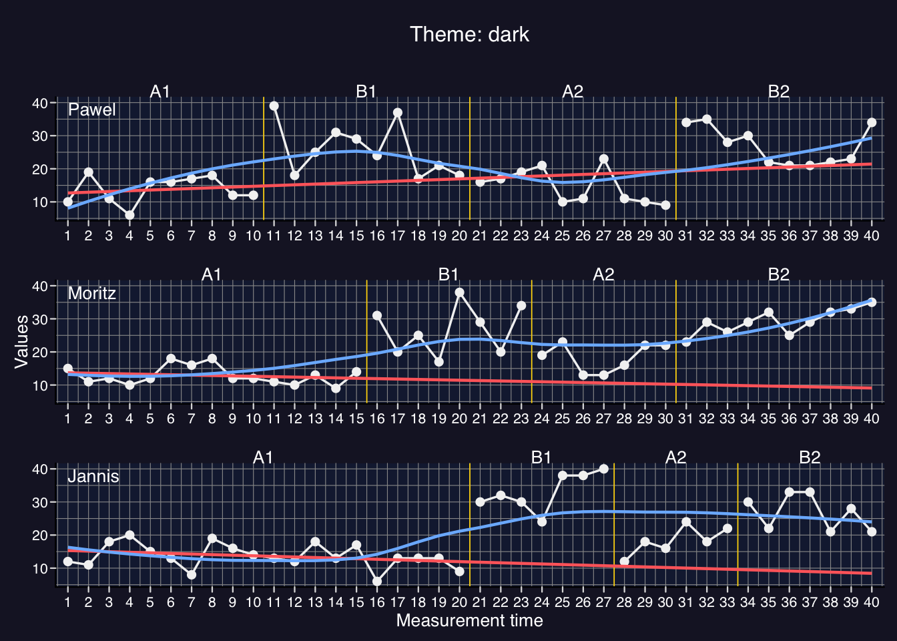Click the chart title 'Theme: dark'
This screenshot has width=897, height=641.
(469, 34)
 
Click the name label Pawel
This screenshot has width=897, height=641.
(92, 110)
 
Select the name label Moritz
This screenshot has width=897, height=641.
(92, 293)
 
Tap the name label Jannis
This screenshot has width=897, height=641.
(93, 476)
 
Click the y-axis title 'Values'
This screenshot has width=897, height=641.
(21, 341)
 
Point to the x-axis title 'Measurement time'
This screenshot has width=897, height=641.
(469, 621)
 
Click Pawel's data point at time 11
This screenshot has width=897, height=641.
(274, 106)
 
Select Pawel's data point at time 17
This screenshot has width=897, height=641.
(398, 113)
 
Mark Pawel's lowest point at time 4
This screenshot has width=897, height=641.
(129, 215)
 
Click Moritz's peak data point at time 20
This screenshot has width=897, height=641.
(459, 292)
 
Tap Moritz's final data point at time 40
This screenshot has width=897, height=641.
(872, 302)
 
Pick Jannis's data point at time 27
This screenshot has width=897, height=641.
(604, 469)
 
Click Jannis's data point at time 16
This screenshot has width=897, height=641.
(377, 582)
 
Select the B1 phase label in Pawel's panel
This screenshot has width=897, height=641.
(366, 91)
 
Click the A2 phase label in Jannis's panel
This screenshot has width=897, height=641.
(676, 457)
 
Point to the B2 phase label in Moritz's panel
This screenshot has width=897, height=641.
(779, 274)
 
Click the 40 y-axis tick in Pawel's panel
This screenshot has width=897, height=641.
(39, 103)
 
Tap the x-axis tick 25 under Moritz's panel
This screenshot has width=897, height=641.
(563, 419)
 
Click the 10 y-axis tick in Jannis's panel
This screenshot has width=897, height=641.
(39, 568)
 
